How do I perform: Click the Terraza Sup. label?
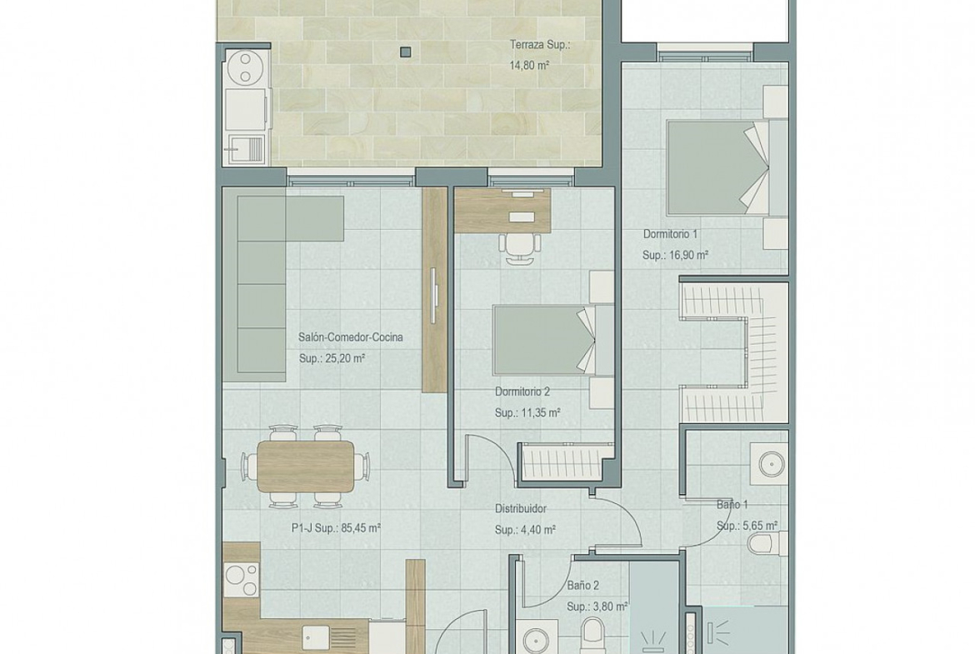coord(540,45)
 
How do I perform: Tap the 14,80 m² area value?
coord(529,65)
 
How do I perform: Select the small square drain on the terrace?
coord(406,52)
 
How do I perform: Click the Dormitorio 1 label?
coord(670,234)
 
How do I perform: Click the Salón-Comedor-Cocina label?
coord(351,337)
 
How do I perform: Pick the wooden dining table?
coord(305,466)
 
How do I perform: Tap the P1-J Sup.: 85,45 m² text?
coord(337,528)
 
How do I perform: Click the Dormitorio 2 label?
coord(522,392)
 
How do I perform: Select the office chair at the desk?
coord(519,247)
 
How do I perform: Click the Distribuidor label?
coord(521,508)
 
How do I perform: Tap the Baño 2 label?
coord(583,586)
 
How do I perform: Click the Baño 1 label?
coord(732,505)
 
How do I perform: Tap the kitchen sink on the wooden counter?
coord(317,637)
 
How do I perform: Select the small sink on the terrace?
coord(247,148)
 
